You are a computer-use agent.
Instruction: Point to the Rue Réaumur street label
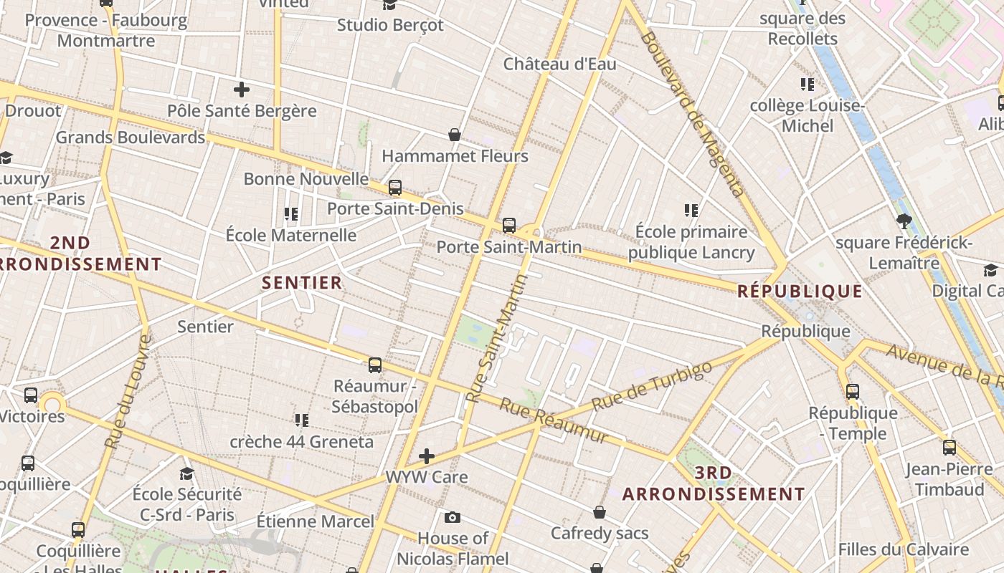pyautogui.click(x=553, y=420)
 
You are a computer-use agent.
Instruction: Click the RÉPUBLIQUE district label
pyautogui.click(x=800, y=291)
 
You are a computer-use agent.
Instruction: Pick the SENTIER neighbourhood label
pyautogui.click(x=302, y=282)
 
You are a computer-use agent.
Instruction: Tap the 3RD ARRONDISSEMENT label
pyautogui.click(x=714, y=483)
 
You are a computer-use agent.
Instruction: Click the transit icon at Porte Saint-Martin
pyautogui.click(x=509, y=226)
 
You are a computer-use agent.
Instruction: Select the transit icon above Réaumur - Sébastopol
pyautogui.click(x=375, y=365)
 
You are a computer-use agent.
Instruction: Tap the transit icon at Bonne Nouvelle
pyautogui.click(x=395, y=188)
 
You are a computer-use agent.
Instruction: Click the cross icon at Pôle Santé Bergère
pyautogui.click(x=242, y=90)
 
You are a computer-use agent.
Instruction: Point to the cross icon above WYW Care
pyautogui.click(x=427, y=456)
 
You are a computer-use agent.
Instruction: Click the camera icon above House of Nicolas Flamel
pyautogui.click(x=453, y=517)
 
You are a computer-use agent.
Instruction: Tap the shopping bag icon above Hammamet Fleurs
pyautogui.click(x=455, y=134)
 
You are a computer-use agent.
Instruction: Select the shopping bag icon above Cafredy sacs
pyautogui.click(x=600, y=512)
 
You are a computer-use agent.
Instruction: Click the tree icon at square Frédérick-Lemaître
pyautogui.click(x=904, y=221)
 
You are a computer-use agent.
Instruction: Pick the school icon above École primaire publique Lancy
pyautogui.click(x=691, y=211)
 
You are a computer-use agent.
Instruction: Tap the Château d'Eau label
pyautogui.click(x=559, y=64)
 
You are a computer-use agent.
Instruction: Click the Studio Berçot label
pyautogui.click(x=390, y=25)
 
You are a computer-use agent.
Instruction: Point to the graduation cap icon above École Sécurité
pyautogui.click(x=187, y=473)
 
